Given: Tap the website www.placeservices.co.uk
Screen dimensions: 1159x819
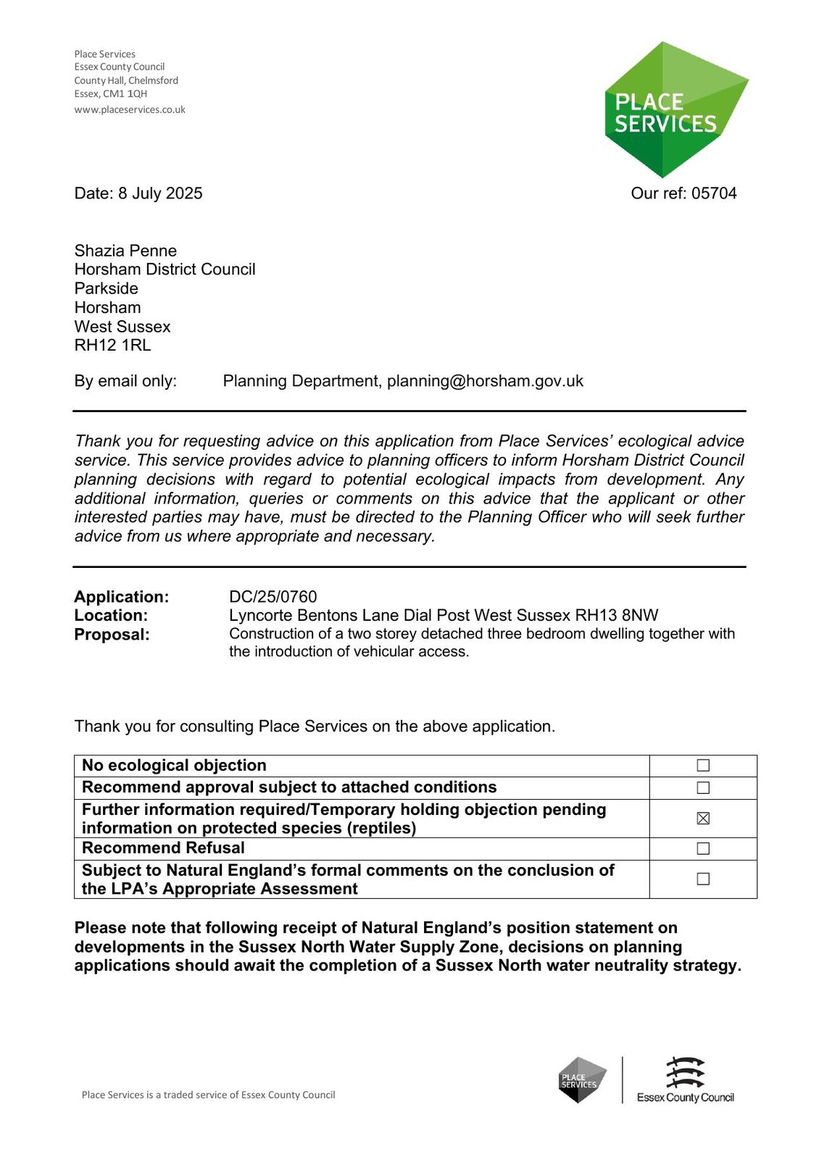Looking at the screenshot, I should [x=130, y=110].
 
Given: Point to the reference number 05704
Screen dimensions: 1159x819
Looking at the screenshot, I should [x=714, y=193].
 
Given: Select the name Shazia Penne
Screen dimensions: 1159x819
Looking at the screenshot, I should [x=125, y=251].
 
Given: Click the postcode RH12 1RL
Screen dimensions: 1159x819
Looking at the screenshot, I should [x=112, y=346].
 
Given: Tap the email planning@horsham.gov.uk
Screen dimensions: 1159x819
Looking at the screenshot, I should [x=485, y=381].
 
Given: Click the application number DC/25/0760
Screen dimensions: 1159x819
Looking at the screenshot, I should [x=273, y=597].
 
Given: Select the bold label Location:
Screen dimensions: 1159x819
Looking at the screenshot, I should [x=111, y=616].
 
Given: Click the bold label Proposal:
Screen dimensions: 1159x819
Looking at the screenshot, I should [x=112, y=635].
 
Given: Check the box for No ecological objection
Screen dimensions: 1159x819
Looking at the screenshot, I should [x=703, y=766].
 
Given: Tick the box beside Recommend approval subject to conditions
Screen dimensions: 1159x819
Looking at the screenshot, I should [x=703, y=787].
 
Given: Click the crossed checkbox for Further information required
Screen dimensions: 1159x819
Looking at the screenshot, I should [x=703, y=819].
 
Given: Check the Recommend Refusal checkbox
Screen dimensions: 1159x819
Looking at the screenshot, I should [x=703, y=848].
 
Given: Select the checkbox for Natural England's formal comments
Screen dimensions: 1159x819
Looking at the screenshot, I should [x=703, y=879].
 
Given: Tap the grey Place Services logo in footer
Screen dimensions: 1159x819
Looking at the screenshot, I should [x=582, y=1080].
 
